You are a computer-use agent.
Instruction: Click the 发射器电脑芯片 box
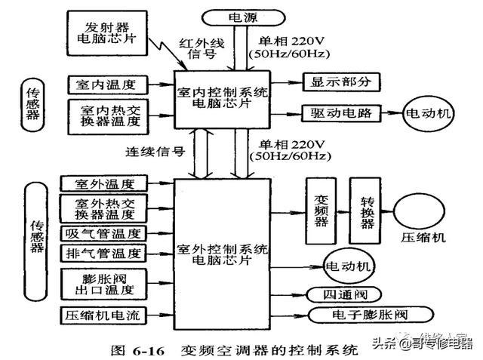(x=106, y=29)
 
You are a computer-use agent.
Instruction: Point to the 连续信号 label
(x=155, y=151)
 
